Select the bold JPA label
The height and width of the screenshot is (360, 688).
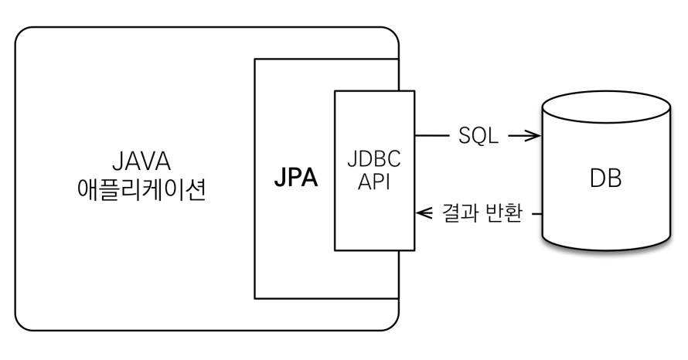tap(296, 177)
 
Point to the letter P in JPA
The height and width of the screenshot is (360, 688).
tap(296, 177)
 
